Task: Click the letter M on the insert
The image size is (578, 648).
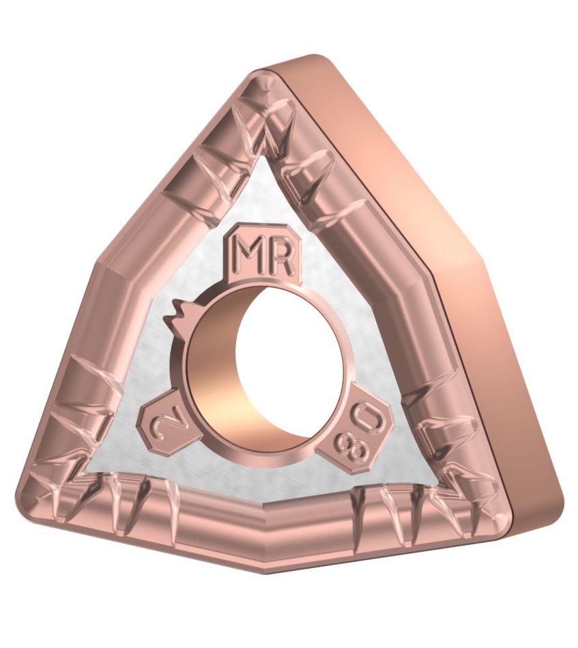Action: click(251, 256)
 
